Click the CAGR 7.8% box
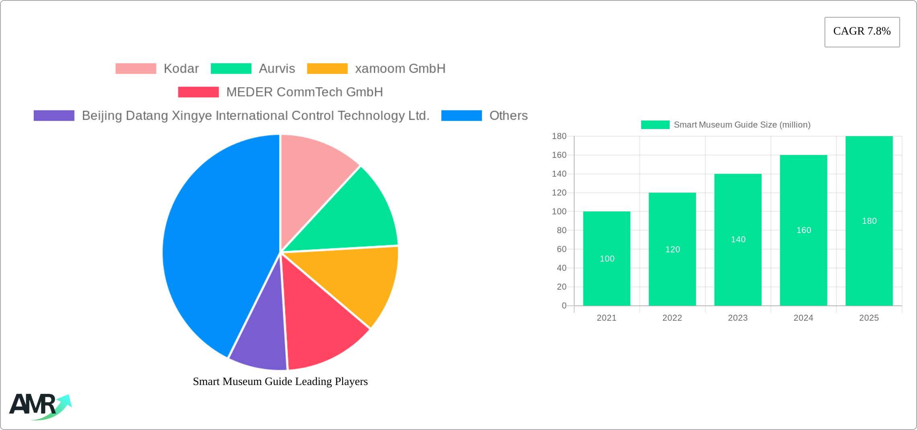862,32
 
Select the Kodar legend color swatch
136,69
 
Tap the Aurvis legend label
277,69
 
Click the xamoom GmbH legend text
400,69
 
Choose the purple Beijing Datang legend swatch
54,116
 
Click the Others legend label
508,116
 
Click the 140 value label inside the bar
738,240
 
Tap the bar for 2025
869,261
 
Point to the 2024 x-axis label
803,318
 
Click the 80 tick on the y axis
561,230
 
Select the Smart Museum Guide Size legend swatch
655,125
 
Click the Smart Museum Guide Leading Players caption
280,381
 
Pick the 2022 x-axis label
672,318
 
